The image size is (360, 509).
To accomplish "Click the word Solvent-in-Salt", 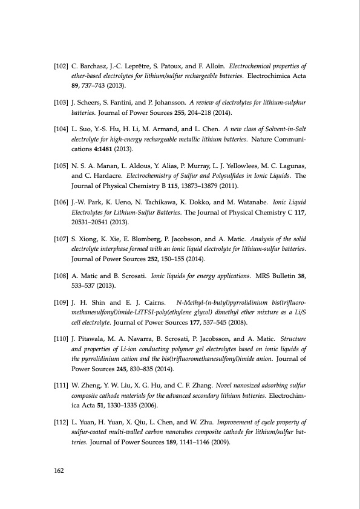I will (x=290, y=129).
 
